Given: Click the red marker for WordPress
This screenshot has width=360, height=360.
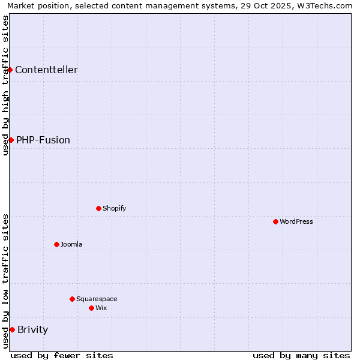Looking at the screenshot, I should click(x=275, y=221).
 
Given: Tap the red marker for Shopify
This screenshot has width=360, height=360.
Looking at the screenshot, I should click(x=98, y=208).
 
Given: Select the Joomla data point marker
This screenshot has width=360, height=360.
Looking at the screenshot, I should click(x=56, y=244).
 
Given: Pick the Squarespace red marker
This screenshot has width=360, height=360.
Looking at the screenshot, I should click(x=72, y=299).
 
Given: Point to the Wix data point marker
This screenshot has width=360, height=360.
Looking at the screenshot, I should click(x=91, y=308).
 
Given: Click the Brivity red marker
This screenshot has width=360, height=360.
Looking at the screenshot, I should click(x=12, y=329).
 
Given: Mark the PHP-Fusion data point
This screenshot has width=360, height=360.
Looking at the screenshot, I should click(x=11, y=140).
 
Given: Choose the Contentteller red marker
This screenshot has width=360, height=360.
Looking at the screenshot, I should click(x=10, y=70).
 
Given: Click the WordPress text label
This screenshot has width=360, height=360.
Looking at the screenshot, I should click(x=296, y=221).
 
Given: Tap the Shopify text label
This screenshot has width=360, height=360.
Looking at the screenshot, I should click(x=114, y=208).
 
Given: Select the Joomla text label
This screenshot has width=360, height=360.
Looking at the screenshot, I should click(x=71, y=244).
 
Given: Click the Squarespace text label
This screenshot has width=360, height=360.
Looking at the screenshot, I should click(x=97, y=299).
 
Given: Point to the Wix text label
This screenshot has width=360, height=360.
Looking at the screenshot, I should click(x=101, y=308).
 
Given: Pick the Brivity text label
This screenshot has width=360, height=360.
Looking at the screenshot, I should click(x=32, y=329).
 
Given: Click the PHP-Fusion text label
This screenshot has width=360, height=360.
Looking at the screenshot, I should click(x=43, y=140).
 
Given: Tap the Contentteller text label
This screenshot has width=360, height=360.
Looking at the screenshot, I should click(x=46, y=70).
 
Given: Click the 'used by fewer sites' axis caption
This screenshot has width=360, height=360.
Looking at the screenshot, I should click(x=62, y=355).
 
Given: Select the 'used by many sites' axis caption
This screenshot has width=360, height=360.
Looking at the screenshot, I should click(x=301, y=355).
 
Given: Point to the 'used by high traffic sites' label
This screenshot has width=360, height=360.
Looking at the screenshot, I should click(x=6, y=85).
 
